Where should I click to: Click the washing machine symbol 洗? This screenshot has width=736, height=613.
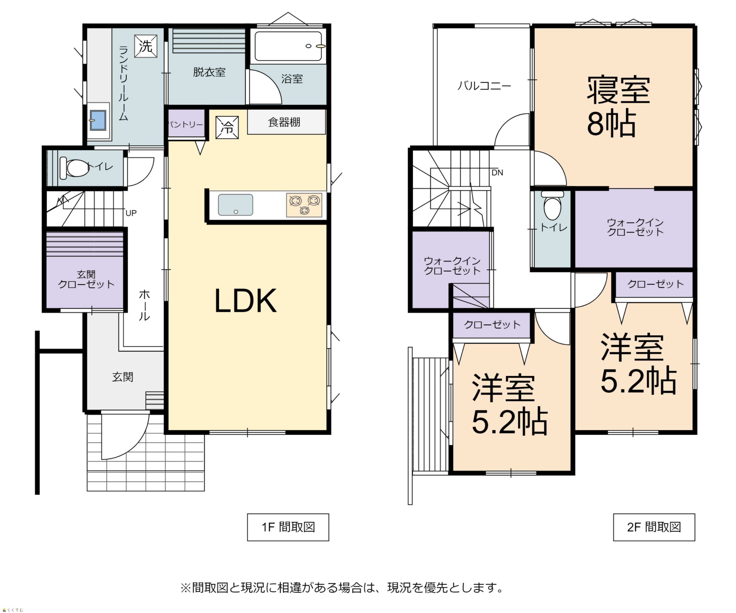(146, 46)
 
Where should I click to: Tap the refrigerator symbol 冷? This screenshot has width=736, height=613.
(227, 127)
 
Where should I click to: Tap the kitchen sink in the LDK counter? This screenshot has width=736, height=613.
(236, 205)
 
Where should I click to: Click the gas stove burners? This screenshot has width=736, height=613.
(304, 205)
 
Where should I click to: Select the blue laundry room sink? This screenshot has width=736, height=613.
(98, 120)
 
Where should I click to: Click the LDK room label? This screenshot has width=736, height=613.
(245, 300)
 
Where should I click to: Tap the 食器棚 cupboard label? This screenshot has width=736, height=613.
(284, 122)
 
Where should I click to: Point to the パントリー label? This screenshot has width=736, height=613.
(186, 125)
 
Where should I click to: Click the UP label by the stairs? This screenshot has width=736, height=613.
(131, 213)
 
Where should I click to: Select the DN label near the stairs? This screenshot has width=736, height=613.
(497, 173)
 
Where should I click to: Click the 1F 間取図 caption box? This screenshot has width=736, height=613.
(288, 527)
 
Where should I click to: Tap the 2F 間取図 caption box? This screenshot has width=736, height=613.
(654, 527)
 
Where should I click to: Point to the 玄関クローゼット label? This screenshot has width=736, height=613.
(86, 279)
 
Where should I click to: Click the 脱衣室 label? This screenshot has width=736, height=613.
(209, 72)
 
